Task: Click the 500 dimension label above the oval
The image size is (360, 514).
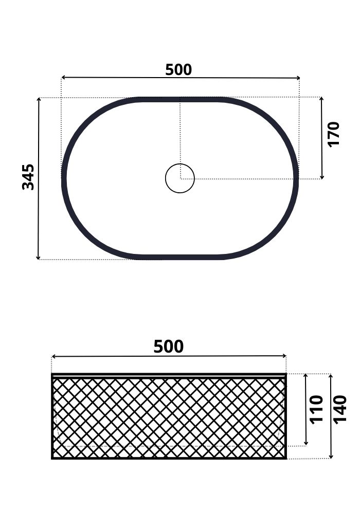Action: point(178,70)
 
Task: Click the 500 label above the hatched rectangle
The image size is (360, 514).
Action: point(169,347)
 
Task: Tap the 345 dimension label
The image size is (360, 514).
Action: point(29,177)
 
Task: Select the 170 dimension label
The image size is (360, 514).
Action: point(334,134)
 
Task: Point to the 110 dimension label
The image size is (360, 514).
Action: point(317,409)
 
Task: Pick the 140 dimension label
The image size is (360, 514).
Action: point(340,409)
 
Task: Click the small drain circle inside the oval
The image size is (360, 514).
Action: point(180,178)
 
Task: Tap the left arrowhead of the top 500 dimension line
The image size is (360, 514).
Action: point(63,78)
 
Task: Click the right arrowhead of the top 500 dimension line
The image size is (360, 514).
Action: point(298,78)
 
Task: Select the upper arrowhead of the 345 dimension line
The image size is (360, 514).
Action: point(39,99)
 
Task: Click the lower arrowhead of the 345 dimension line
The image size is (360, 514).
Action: point(38,258)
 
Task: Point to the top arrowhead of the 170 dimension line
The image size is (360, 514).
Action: point(321,99)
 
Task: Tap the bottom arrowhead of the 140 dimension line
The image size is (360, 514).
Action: point(331,456)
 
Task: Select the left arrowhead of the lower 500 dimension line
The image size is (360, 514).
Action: point(53,356)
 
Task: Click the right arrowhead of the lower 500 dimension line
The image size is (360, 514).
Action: point(284,356)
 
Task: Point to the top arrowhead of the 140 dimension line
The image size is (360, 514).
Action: point(331,376)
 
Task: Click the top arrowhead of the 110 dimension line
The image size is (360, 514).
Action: point(306,376)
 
